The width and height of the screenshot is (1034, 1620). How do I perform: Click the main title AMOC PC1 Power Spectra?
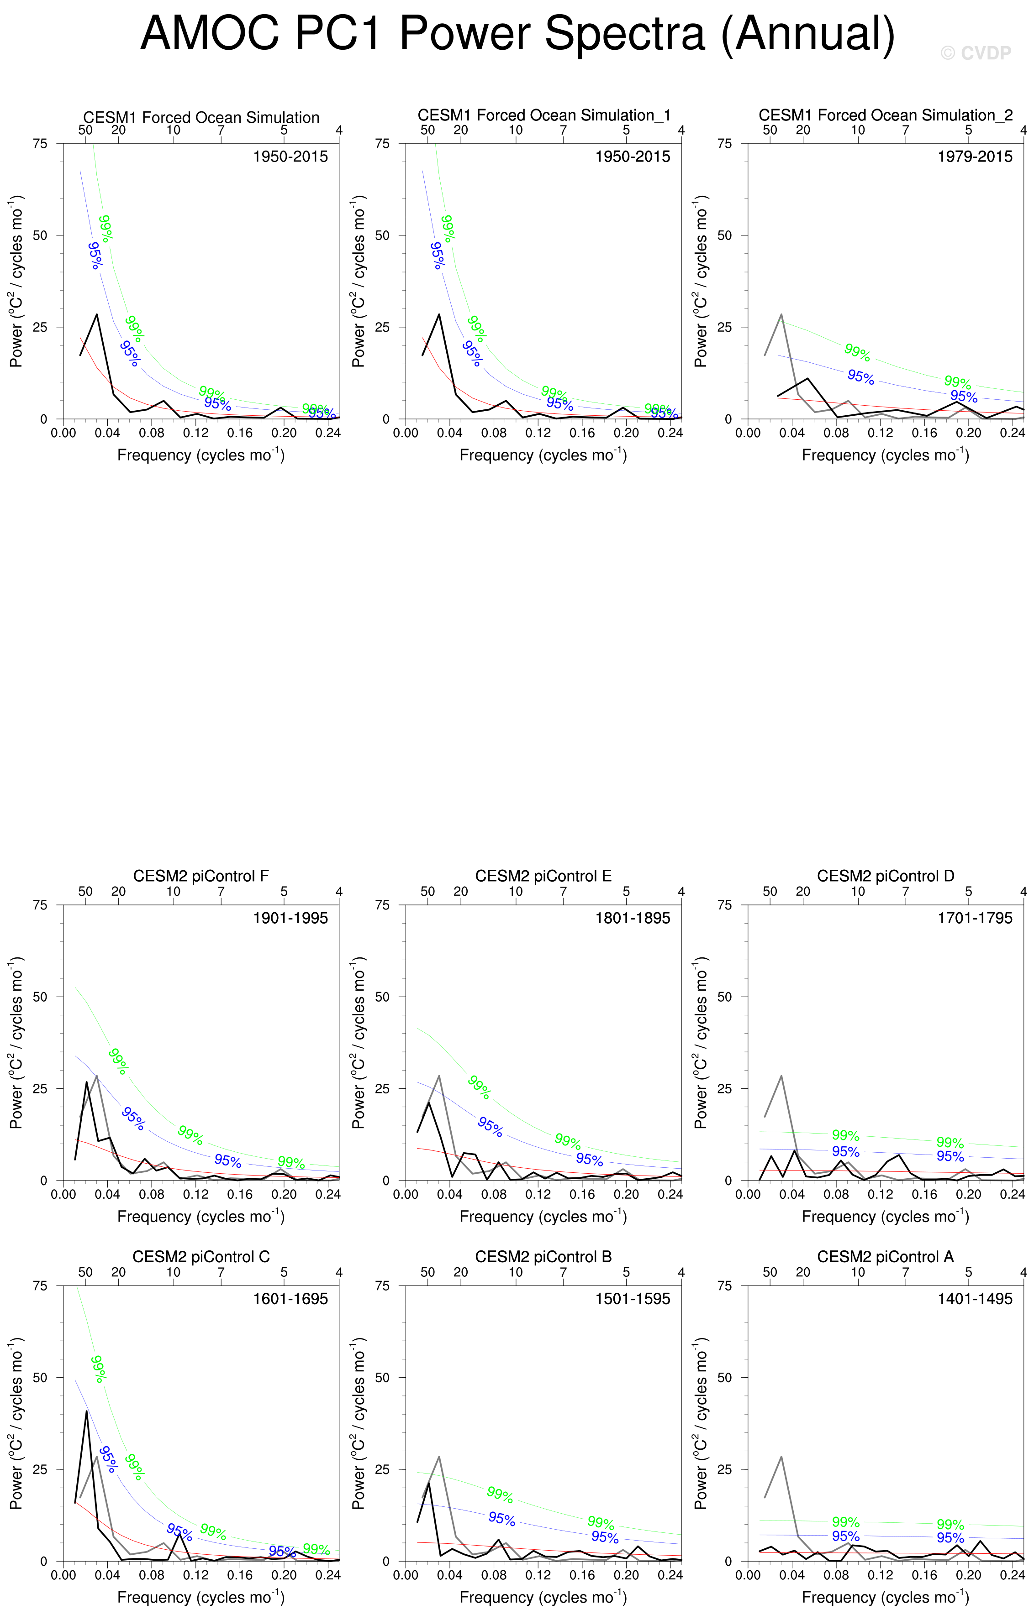(x=517, y=34)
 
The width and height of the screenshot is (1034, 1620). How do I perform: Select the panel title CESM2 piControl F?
(x=200, y=876)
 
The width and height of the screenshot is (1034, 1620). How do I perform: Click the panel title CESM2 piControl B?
(x=543, y=1257)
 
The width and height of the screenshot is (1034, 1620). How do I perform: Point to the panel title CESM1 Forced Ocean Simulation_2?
(x=885, y=116)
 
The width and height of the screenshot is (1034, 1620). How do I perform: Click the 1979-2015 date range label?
(x=975, y=157)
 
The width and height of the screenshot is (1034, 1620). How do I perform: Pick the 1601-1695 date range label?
(x=290, y=1299)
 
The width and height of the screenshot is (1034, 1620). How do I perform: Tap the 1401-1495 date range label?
(x=975, y=1299)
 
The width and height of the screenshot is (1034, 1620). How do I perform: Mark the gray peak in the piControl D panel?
(x=781, y=1076)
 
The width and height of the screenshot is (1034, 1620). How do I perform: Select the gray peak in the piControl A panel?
(x=781, y=1457)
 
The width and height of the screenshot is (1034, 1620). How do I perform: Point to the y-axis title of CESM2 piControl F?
(x=16, y=1042)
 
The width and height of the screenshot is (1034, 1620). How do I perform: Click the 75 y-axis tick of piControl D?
(x=724, y=905)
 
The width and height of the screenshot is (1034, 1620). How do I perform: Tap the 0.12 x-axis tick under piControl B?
(x=538, y=1576)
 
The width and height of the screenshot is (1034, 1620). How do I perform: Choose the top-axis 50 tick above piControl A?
(x=770, y=1272)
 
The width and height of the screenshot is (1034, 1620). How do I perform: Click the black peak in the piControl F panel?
(x=86, y=1082)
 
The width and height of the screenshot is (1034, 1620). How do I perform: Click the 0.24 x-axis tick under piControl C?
(x=328, y=1576)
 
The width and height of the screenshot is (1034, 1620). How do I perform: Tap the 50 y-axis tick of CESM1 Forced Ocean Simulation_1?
(x=382, y=235)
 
